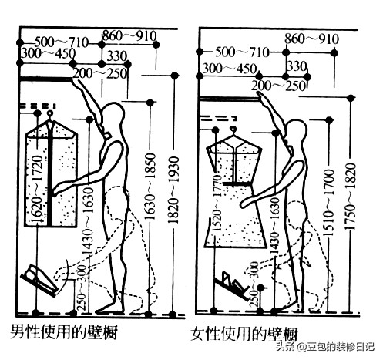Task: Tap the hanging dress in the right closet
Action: click(x=234, y=193)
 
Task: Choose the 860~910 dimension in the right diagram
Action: click(x=311, y=38)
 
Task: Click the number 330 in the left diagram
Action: click(x=116, y=56)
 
